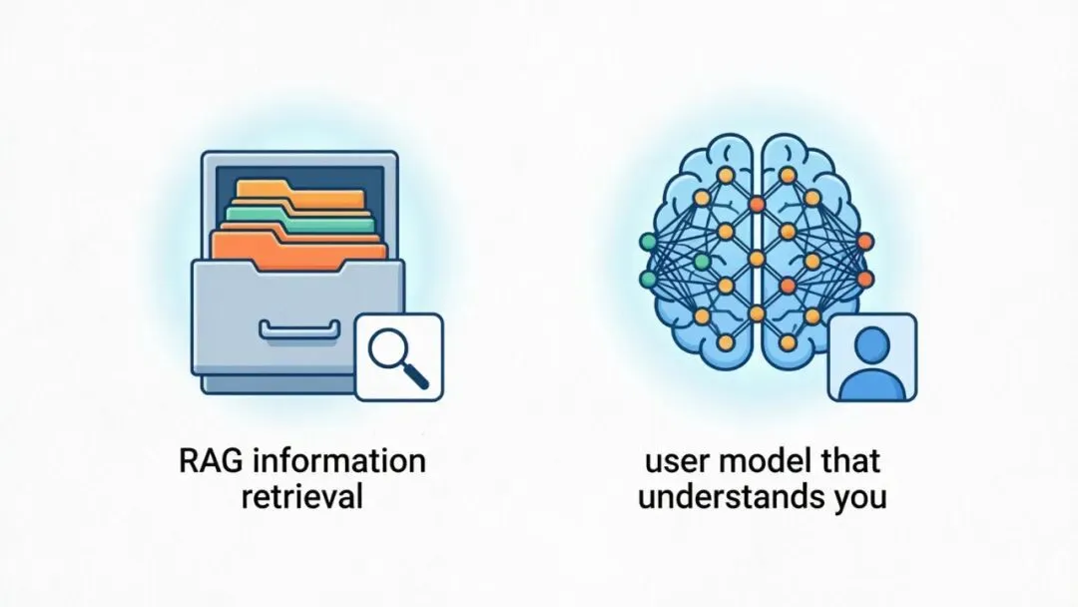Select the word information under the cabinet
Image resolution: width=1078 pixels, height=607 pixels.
(x=338, y=462)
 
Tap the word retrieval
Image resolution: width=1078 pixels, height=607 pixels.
(x=301, y=496)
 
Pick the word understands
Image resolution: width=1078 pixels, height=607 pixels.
(x=723, y=496)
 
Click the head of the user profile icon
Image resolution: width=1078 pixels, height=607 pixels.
(x=872, y=345)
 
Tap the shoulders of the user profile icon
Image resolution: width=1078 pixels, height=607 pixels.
(x=872, y=380)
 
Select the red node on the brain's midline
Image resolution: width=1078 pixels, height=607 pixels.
(x=756, y=204)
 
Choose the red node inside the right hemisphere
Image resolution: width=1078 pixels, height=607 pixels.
(x=789, y=287)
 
